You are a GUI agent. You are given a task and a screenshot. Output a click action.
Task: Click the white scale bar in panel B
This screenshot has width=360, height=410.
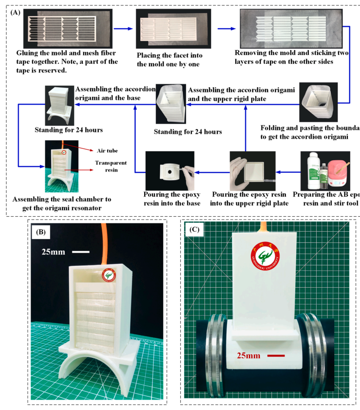point(80,252)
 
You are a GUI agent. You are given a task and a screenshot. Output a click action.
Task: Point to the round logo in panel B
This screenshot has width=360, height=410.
point(111,275)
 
